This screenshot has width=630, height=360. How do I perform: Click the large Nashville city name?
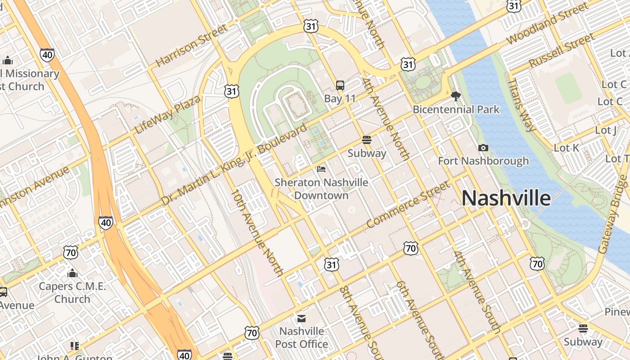[506, 198]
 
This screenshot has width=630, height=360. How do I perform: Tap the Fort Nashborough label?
[483, 161]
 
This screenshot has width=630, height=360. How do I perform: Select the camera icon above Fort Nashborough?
[483, 148]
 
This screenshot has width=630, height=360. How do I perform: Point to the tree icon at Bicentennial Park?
[456, 96]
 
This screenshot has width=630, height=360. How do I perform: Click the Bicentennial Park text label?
[456, 109]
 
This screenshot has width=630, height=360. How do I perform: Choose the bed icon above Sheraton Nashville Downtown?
[321, 169]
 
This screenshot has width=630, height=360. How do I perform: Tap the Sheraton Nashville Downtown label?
[321, 189]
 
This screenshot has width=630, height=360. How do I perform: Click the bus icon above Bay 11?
[340, 85]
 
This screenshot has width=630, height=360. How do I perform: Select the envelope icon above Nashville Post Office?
[301, 319]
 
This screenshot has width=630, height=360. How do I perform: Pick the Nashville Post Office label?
[301, 337]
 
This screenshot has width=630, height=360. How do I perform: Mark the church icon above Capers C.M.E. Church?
[72, 273]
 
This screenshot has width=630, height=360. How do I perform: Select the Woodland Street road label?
[547, 23]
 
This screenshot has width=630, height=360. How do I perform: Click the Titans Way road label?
[522, 105]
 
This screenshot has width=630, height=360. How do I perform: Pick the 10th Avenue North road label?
[257, 233]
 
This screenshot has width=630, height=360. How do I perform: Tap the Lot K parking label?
[567, 148]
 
